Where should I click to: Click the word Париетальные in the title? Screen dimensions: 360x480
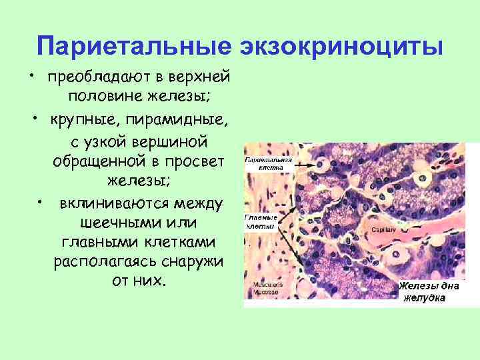click(x=132, y=47)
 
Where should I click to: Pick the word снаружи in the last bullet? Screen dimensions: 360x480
click(x=191, y=261)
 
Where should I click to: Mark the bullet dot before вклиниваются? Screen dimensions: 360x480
click(x=42, y=200)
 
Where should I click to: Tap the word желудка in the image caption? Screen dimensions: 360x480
click(x=425, y=298)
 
